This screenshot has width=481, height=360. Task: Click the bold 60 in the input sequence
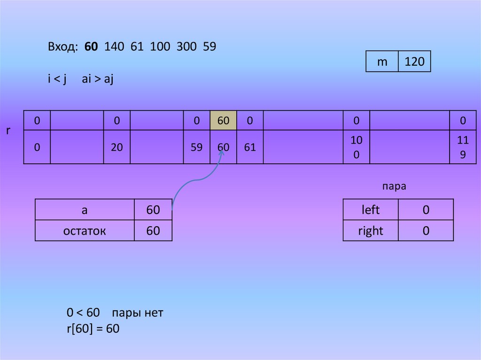pos(92,47)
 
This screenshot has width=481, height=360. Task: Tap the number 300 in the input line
pos(186,47)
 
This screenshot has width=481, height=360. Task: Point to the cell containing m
pos(382,61)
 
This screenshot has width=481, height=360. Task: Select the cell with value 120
pos(414,61)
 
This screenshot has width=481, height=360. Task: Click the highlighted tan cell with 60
pos(223,121)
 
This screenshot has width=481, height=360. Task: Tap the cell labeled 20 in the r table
pos(117,147)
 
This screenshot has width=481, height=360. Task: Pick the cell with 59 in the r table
pos(197,147)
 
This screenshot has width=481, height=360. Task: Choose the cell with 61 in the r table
pos(250,147)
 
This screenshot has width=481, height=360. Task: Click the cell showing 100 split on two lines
pos(357,147)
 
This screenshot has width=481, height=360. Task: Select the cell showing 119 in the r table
pos(463,147)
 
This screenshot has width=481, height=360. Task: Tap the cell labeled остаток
pos(85,230)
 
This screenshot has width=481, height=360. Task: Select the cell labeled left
pos(371,210)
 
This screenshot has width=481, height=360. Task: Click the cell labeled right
pos(371,230)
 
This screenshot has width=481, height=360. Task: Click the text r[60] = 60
pos(93,329)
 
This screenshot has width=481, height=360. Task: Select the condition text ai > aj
pos(98,79)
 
